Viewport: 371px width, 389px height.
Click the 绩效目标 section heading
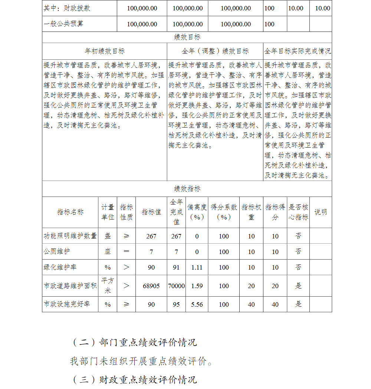click(x=187, y=37)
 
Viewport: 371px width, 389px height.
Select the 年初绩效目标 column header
click(x=105, y=51)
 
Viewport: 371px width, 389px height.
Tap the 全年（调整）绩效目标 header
click(x=215, y=51)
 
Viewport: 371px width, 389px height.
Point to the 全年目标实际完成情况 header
click(x=298, y=51)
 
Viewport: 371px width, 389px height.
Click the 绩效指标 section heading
click(x=187, y=189)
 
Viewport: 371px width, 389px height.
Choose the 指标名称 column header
click(x=70, y=212)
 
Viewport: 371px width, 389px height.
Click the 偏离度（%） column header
click(x=197, y=212)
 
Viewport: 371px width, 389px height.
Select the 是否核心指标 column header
click(x=298, y=212)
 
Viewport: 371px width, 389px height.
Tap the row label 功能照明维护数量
click(x=70, y=236)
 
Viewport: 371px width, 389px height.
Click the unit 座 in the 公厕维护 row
click(x=108, y=251)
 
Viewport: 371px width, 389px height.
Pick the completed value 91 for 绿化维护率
click(x=176, y=267)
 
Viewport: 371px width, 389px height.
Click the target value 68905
click(x=151, y=286)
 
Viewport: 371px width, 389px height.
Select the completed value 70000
click(x=176, y=286)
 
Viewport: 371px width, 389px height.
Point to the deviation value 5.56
click(x=197, y=304)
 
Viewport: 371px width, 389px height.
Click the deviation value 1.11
click(x=197, y=267)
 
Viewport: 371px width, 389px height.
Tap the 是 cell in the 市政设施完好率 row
click(x=298, y=304)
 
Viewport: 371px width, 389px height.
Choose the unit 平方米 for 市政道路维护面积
click(x=108, y=286)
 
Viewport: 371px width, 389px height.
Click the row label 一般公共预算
click(x=63, y=24)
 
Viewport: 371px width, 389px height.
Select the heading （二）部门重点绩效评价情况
click(x=134, y=342)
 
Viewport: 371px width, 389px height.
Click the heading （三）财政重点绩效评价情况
click(x=134, y=380)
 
